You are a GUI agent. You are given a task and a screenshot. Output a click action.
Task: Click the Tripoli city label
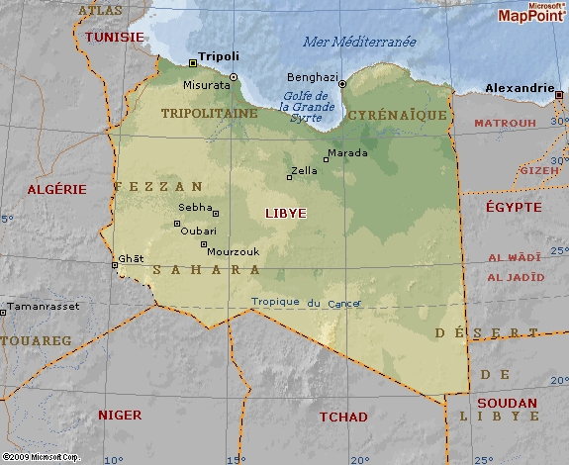point(219,56)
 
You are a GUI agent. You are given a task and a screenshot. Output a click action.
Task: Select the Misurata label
point(207,85)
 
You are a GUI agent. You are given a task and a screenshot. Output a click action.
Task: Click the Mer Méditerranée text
point(358,42)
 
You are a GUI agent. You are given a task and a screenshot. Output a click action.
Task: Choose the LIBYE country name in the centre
point(286,213)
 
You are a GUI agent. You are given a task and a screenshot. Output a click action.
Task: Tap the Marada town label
point(347,153)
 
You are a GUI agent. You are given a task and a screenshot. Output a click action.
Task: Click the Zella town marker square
point(290,177)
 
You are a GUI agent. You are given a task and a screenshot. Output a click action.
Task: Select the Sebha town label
point(194,208)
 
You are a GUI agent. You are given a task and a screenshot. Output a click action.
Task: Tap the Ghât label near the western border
point(131,258)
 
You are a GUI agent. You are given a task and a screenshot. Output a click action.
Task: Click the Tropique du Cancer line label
point(306,303)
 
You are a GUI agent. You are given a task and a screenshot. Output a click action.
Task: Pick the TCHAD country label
point(342,417)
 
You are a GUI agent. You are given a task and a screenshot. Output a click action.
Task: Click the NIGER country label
point(119,415)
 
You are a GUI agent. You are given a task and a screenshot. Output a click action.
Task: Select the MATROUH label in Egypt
point(505,124)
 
